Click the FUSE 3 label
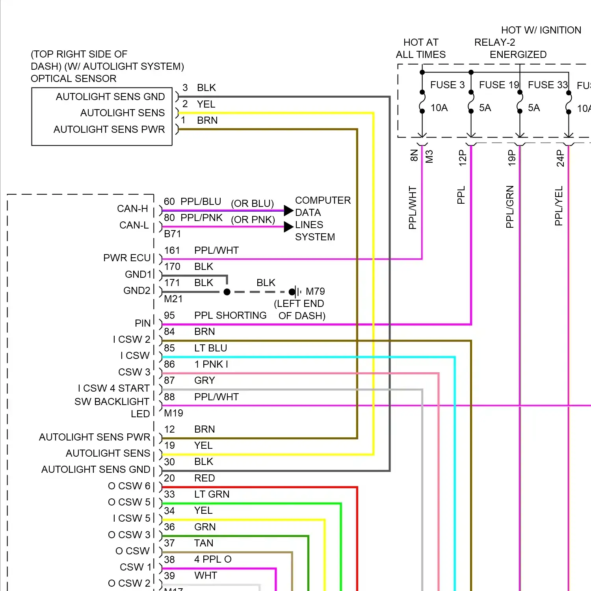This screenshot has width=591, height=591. click(447, 85)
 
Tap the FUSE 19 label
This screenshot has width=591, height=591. click(499, 85)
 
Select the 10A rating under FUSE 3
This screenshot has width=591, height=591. click(439, 108)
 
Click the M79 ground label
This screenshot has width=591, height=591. click(315, 292)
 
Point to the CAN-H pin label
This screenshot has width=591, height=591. click(132, 209)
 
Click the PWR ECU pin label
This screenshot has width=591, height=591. click(127, 258)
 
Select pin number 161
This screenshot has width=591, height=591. click(172, 251)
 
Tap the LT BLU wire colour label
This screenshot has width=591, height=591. click(211, 348)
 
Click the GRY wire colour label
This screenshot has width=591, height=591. click(205, 381)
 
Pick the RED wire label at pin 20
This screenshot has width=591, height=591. click(205, 478)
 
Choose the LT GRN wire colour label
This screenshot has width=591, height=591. click(212, 494)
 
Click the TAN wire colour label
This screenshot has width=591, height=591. click(204, 543)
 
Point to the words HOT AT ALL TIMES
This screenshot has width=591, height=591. click(421, 48)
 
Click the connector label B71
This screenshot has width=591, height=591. click(173, 234)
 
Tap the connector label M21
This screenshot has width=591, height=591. click(173, 299)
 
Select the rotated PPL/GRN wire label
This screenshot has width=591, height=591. click(510, 207)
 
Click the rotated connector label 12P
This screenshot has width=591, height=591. click(462, 158)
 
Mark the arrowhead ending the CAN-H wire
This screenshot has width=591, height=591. click(289, 210)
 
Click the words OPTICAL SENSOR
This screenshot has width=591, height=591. click(74, 79)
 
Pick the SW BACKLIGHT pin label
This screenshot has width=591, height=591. click(112, 402)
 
